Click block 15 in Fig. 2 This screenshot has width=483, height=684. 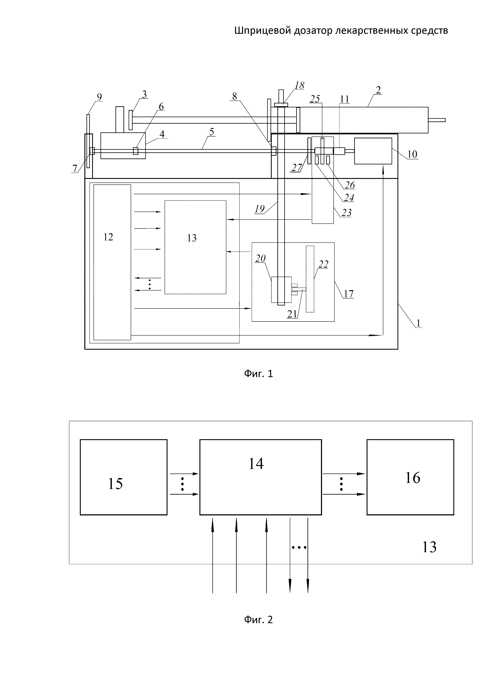[x=123, y=477]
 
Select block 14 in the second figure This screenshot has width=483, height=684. [x=260, y=477]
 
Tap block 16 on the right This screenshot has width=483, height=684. [x=410, y=477]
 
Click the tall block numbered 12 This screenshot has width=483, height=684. [x=112, y=262]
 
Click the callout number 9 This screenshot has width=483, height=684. [x=99, y=97]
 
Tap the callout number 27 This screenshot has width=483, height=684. [x=297, y=168]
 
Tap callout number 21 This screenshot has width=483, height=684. [x=292, y=314]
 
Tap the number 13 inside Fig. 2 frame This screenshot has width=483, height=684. [x=429, y=547]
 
